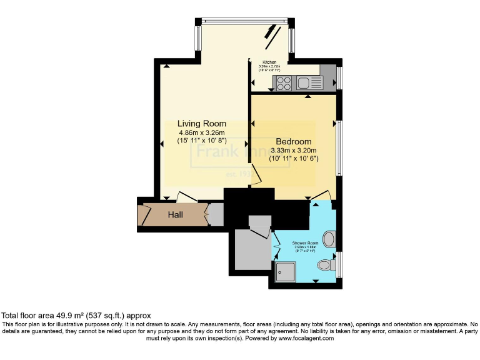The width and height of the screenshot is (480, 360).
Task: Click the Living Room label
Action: [x=201, y=124]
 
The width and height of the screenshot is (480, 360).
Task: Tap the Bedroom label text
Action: [x=293, y=142]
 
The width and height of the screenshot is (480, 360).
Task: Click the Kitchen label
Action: [x=269, y=62]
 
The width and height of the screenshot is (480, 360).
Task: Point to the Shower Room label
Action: [x=306, y=242]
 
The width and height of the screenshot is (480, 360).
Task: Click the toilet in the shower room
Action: [x=324, y=266]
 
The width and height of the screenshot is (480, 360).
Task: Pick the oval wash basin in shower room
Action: [x=331, y=239]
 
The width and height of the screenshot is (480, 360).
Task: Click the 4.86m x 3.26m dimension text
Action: [x=202, y=132]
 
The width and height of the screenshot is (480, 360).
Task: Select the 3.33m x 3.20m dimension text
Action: [x=294, y=151]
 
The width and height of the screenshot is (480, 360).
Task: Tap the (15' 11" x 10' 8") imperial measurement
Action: [x=202, y=141]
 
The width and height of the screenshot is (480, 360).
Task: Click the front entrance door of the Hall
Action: [x=146, y=215]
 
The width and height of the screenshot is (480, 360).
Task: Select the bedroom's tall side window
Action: [x=339, y=147]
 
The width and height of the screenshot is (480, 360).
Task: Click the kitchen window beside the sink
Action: [x=339, y=78]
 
